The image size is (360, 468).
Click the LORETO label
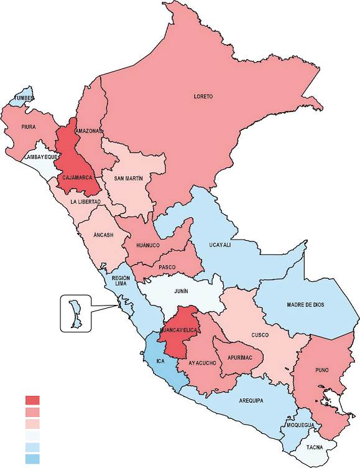click(203, 96)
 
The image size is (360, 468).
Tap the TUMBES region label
click(25, 99)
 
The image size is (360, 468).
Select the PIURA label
click(29, 127)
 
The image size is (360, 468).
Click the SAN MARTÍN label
click(129, 178)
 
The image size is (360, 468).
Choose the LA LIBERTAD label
click(85, 202)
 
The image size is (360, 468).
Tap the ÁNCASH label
click(103, 235)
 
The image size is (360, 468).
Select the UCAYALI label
click(219, 245)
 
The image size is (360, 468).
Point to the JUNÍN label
click(181, 290)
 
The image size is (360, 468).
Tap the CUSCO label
click(259, 335)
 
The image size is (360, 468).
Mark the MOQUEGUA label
click(302, 426)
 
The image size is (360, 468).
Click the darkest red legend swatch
click(32, 400)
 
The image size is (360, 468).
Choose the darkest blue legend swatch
click(32, 459)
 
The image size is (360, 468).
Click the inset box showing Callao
click(75, 314)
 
